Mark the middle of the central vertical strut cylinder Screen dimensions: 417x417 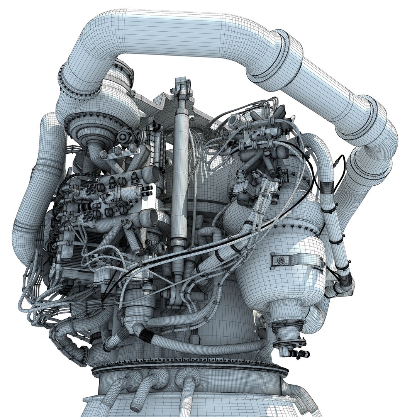(180, 174)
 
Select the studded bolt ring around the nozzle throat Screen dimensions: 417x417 (189, 365)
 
